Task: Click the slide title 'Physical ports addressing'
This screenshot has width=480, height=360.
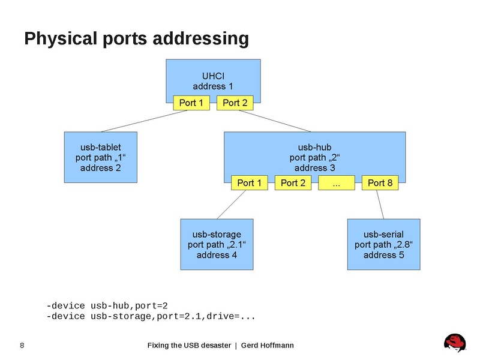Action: [136, 39]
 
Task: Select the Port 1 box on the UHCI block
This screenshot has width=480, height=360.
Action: [191, 103]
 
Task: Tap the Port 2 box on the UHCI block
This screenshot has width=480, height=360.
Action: [235, 103]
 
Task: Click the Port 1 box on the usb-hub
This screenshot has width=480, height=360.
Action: [250, 183]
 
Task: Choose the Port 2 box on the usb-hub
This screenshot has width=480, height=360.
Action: [293, 183]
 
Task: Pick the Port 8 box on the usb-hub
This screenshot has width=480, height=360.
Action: [380, 183]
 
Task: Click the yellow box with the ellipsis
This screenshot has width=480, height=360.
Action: [336, 183]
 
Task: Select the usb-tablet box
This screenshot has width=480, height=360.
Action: [100, 157]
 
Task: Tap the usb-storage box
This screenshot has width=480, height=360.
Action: [217, 244]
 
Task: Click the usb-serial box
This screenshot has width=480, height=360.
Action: [383, 244]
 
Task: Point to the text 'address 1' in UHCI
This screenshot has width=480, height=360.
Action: [212, 86]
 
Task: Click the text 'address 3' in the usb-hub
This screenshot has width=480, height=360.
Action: [314, 167]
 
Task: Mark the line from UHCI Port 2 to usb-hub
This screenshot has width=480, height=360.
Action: [273, 121]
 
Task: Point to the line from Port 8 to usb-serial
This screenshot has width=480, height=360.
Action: [382, 205]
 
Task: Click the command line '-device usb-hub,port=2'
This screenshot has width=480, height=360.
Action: [111, 305]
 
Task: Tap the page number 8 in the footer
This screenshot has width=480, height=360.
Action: [22, 345]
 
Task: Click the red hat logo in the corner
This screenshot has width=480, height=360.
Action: [455, 343]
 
